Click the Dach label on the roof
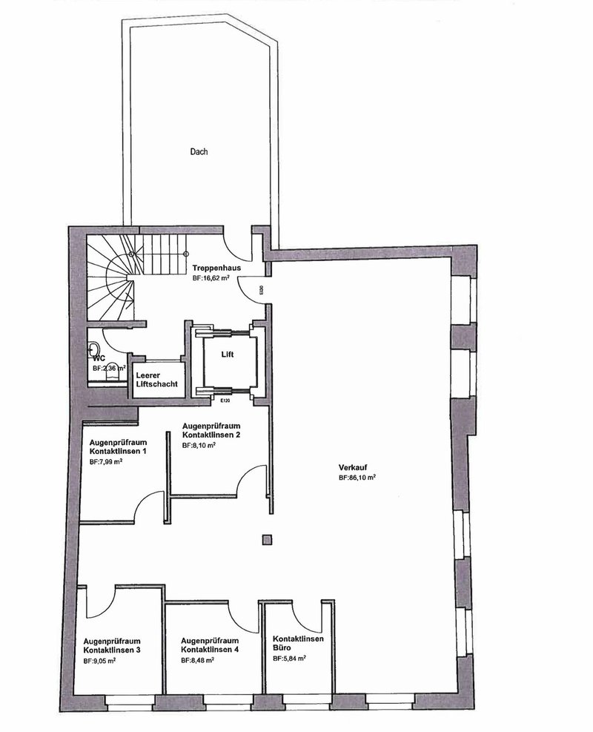coord(198,152)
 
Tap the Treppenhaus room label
coord(216,268)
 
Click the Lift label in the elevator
coord(227,355)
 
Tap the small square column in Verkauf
coord(265,539)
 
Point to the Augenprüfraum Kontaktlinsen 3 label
coord(113,644)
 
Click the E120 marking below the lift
coord(225,401)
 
